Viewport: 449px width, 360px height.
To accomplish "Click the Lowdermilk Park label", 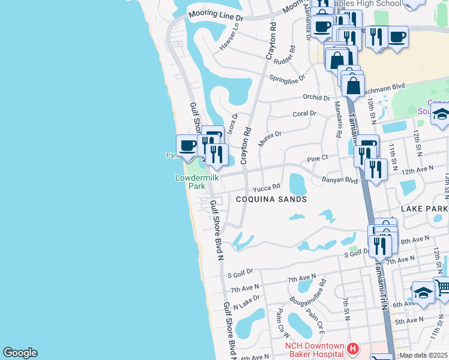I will [x=197, y=182].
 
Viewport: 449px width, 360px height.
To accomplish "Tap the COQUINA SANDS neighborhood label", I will [x=271, y=199].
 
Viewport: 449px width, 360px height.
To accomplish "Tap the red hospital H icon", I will [x=353, y=348].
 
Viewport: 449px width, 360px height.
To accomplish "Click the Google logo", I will [x=20, y=353].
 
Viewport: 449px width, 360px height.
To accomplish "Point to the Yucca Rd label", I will [x=266, y=187].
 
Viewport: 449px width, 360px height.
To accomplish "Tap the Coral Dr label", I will [x=304, y=113].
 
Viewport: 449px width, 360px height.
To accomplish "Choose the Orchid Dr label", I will [x=316, y=97].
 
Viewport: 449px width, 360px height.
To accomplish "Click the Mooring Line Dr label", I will [x=214, y=12].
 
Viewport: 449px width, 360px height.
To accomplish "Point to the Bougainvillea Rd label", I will [x=313, y=290].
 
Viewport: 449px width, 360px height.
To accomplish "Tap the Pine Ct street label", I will [x=317, y=159].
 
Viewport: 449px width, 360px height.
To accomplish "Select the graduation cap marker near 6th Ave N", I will [x=423, y=293].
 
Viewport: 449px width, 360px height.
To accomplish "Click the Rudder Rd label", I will [x=284, y=56].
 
